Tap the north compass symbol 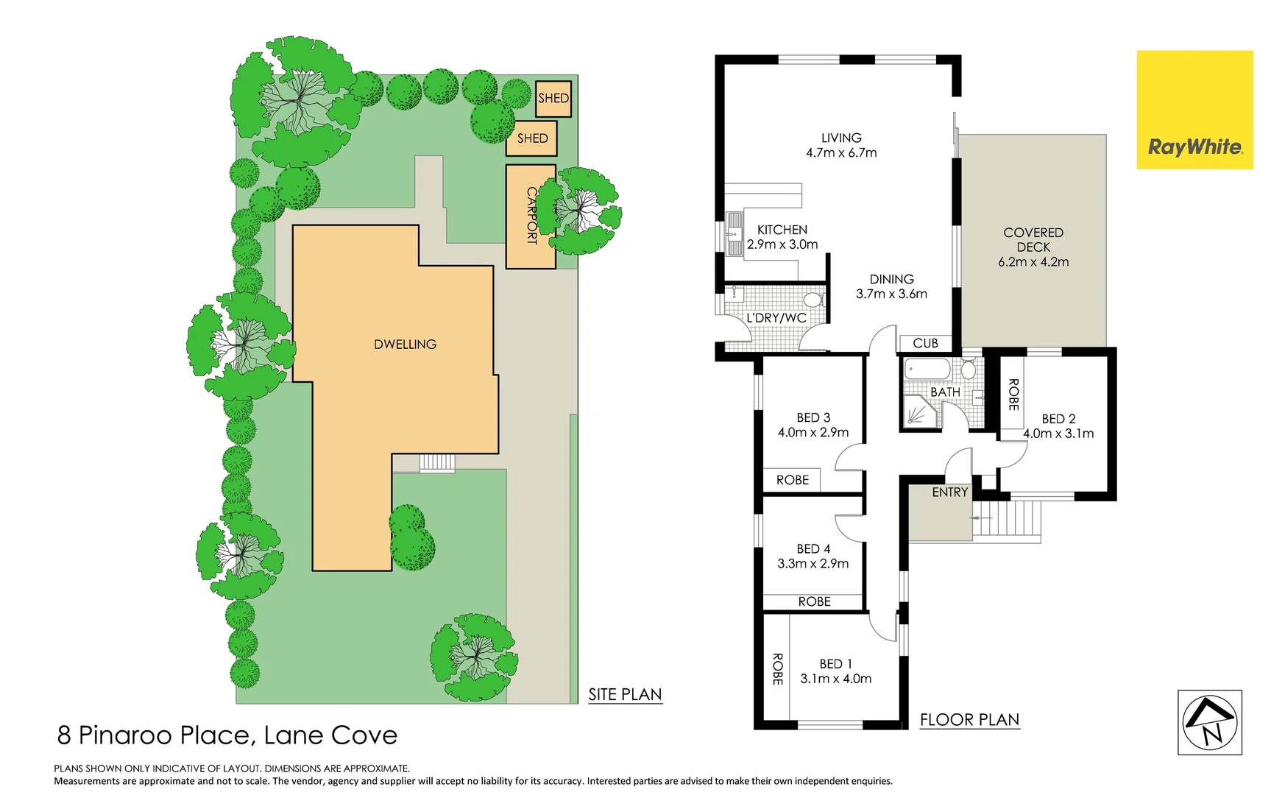tap(1209, 722)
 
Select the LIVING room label tap(841, 138)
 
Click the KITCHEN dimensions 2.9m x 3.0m tap(782, 244)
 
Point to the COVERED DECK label tap(1033, 240)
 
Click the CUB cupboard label tap(925, 343)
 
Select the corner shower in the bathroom tap(920, 413)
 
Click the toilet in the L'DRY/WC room tap(813, 300)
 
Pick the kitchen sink tap(734, 233)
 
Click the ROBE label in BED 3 tap(792, 480)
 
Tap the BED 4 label tap(813, 549)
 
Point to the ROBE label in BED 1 tap(777, 668)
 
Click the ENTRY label tap(949, 492)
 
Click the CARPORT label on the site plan tap(531, 215)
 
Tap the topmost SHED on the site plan tap(553, 99)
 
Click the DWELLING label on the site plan tap(405, 344)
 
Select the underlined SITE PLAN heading tap(625, 694)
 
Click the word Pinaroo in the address tap(125, 735)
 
